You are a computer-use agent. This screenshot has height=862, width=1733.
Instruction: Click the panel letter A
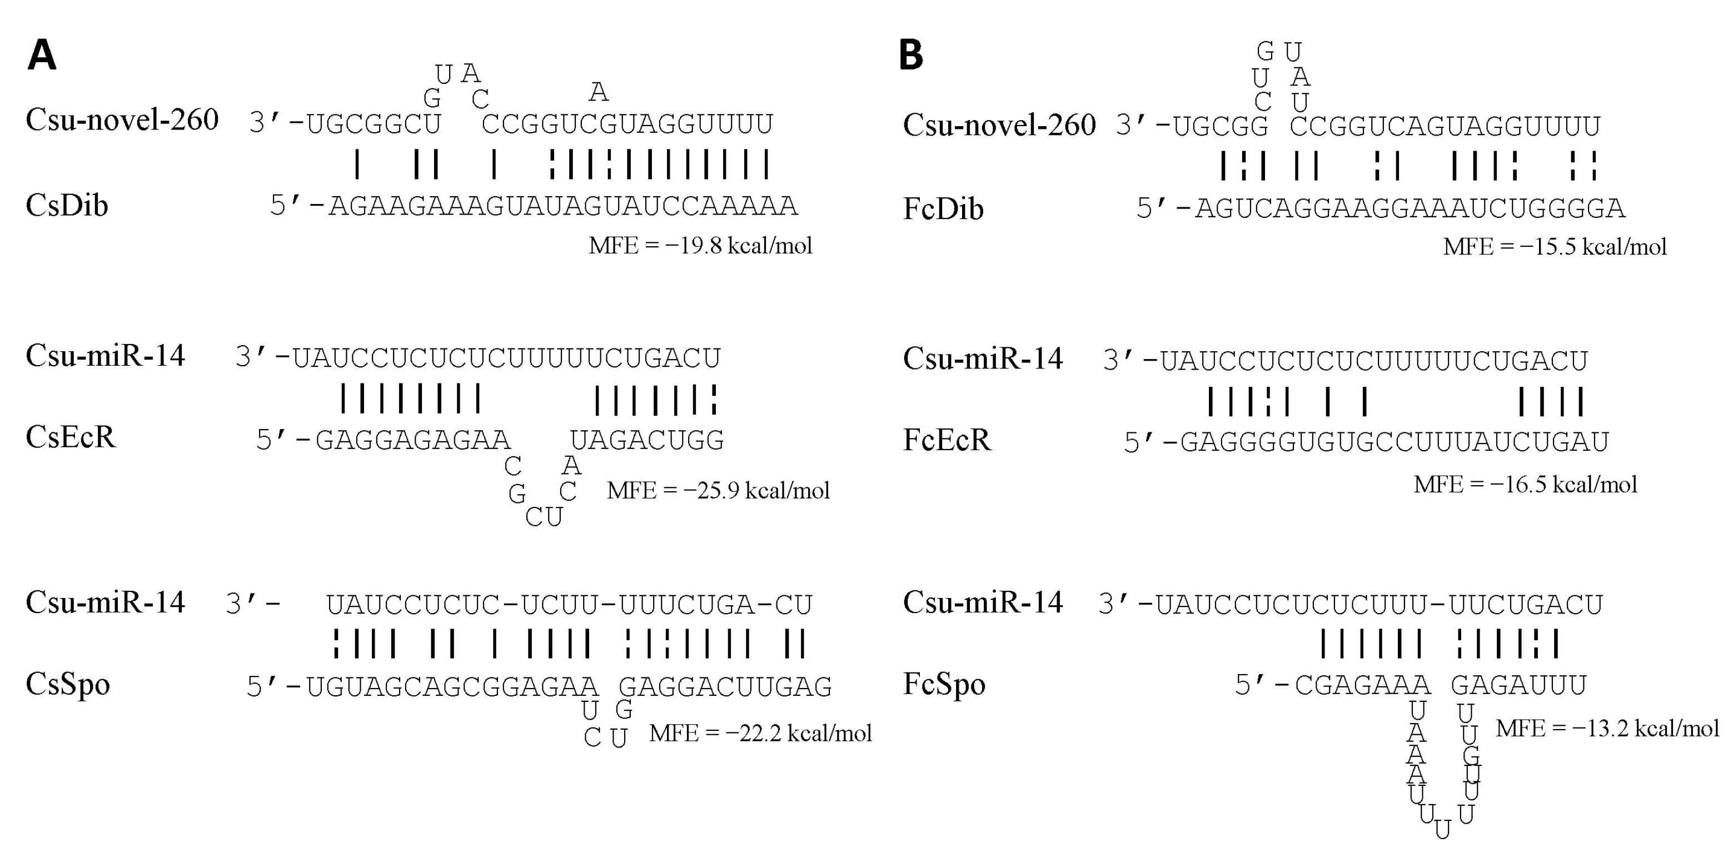pos(42,55)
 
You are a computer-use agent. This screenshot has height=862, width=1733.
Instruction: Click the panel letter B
pos(911,55)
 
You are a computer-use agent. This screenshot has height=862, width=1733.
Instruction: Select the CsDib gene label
pos(67,205)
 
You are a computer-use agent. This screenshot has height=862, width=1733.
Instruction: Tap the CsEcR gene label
pos(71,437)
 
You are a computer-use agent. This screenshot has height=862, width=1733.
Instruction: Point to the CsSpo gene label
pos(67,684)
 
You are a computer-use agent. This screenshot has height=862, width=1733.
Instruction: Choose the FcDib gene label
pos(943,208)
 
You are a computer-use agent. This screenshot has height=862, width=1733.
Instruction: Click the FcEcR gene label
pos(947,440)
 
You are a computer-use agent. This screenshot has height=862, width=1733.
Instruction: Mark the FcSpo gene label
pos(944,684)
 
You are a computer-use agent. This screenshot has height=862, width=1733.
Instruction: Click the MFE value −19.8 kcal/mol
pos(700,246)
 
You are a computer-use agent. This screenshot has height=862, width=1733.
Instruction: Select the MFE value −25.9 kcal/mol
pos(718,491)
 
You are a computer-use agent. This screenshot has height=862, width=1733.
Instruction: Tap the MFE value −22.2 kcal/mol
pos(760,733)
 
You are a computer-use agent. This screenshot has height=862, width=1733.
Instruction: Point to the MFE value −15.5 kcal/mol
pos(1555,247)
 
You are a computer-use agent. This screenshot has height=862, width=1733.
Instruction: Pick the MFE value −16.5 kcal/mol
pos(1525,485)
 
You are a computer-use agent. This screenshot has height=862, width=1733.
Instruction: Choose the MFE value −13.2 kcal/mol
pos(1607,728)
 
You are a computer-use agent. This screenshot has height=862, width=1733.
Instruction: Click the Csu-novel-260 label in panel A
pos(122,120)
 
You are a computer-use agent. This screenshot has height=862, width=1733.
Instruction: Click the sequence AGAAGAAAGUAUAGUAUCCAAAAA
pos(563,206)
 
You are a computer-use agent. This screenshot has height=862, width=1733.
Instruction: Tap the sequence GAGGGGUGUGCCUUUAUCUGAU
pos(1394,442)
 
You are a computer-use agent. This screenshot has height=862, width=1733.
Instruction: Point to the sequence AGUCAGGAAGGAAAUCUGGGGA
pos(1410,208)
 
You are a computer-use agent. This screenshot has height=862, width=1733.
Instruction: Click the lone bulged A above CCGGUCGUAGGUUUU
pos(598,92)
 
